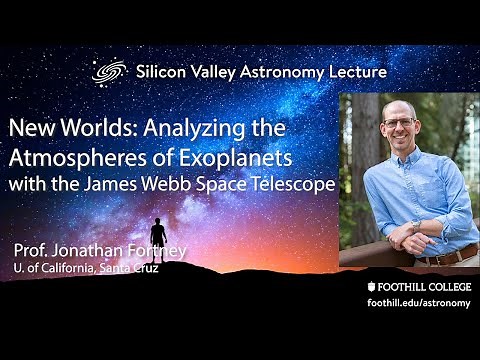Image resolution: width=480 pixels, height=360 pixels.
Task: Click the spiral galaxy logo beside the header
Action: tap(107, 72)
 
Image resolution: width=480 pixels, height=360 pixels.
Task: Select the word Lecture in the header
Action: tap(355, 72)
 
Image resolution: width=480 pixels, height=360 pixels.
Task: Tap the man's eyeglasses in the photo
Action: tap(400, 123)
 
